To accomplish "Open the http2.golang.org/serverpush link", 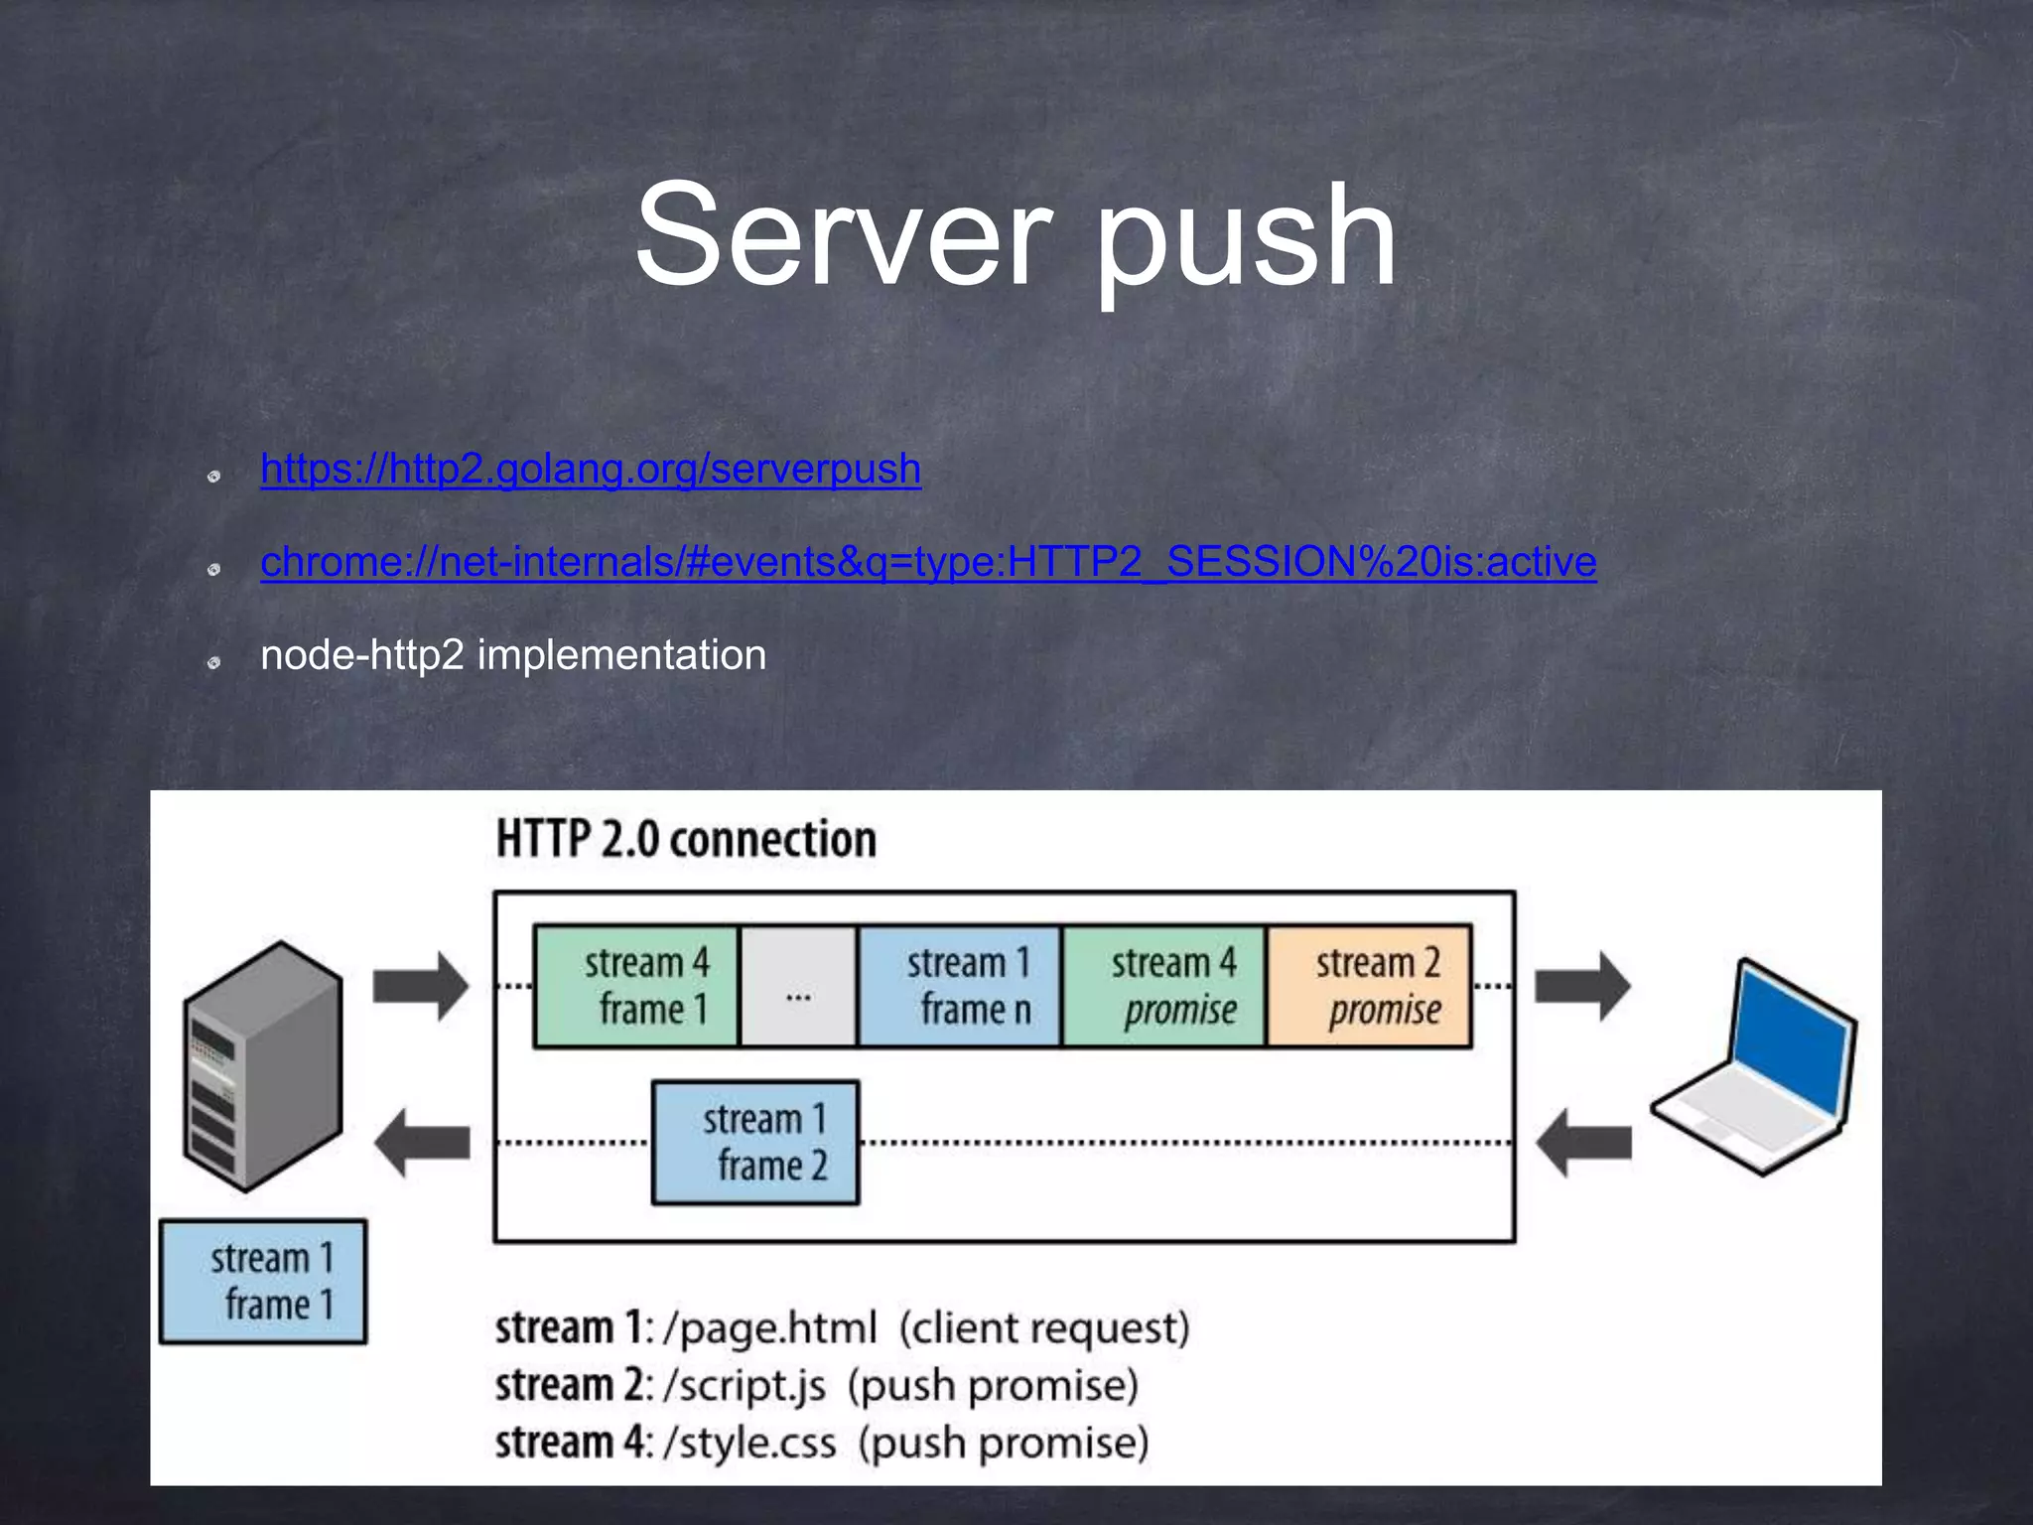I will [x=591, y=469].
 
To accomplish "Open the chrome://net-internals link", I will [x=928, y=562].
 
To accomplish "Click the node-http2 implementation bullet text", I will [x=513, y=655].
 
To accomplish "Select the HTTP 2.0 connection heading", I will [x=686, y=839].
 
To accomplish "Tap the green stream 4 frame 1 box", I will [x=636, y=986].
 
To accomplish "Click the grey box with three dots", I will [x=798, y=986].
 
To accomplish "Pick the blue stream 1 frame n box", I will [x=960, y=986].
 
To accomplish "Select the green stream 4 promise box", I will [x=1164, y=986].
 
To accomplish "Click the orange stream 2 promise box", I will [x=1369, y=986].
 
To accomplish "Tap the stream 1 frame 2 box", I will [x=755, y=1143].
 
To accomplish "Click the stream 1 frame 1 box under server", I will [x=263, y=1282].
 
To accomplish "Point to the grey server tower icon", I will [x=262, y=1067].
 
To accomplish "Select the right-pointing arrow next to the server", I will [x=420, y=986].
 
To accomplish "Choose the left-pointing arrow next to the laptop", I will [x=1582, y=1143].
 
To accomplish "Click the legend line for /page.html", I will [x=842, y=1328].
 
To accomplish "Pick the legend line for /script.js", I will [x=816, y=1385].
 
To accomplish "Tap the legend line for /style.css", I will [x=822, y=1443].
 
